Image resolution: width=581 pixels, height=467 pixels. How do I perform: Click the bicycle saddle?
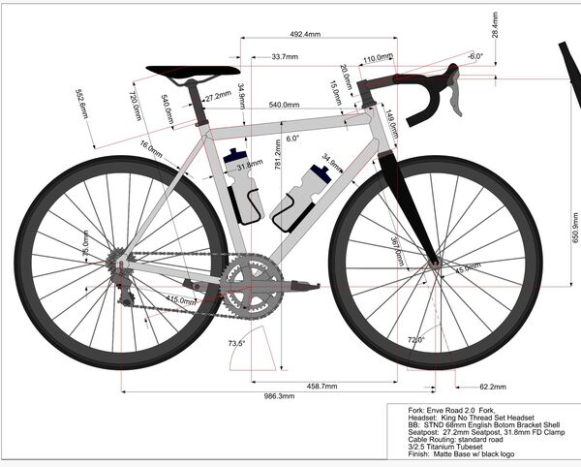point(192,71)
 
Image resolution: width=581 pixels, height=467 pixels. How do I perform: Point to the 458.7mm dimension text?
point(322,386)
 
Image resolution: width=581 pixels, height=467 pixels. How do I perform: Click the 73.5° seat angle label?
point(236,344)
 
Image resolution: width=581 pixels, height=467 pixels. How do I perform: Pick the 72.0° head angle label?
point(414,340)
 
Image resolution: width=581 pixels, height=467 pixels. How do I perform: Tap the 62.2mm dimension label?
point(493,387)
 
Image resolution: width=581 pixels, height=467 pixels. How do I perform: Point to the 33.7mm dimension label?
point(285,58)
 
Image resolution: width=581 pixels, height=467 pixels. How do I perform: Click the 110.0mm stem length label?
point(377,58)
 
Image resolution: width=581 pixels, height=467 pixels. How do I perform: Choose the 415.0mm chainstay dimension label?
point(181,300)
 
